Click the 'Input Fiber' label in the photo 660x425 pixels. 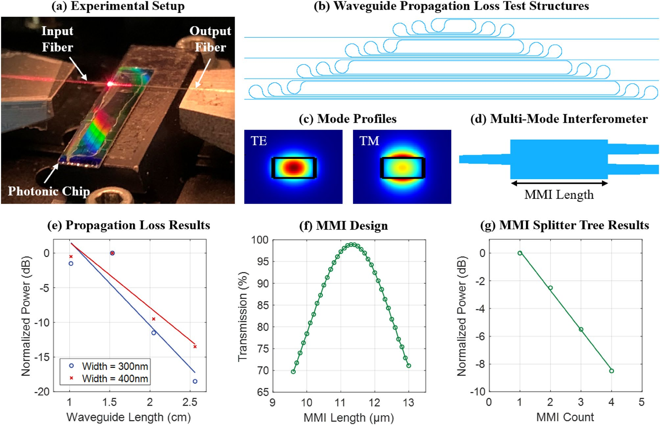[58, 39]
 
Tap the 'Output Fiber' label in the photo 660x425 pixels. [210, 39]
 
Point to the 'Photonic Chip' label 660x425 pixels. [49, 191]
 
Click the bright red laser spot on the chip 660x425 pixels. [110, 84]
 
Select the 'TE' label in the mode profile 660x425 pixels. [259, 141]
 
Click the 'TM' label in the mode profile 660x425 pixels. [369, 141]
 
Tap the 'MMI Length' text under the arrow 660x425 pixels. [559, 195]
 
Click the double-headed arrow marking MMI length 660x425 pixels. [559, 183]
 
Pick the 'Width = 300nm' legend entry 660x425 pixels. [115, 366]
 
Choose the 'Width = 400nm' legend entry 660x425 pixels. [115, 378]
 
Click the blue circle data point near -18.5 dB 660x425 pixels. [195, 381]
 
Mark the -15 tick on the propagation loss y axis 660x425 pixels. [43, 357]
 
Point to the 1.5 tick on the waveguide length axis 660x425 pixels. [109, 402]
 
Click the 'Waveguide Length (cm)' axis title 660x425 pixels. [129, 417]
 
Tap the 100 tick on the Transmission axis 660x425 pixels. [260, 240]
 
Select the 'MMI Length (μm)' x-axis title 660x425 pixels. [349, 418]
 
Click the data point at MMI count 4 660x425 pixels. [611, 371]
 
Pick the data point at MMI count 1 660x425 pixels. [520, 253]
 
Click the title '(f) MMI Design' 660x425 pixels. [343, 226]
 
